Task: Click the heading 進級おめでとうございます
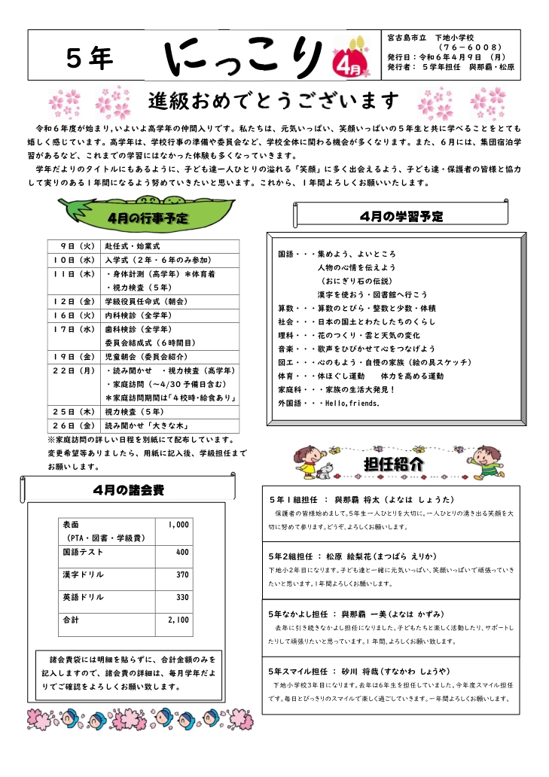tap(273, 99)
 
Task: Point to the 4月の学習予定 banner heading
tap(401, 217)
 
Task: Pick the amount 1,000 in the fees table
tap(178, 524)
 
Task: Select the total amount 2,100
tap(178, 620)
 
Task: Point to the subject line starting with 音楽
tap(357, 349)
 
